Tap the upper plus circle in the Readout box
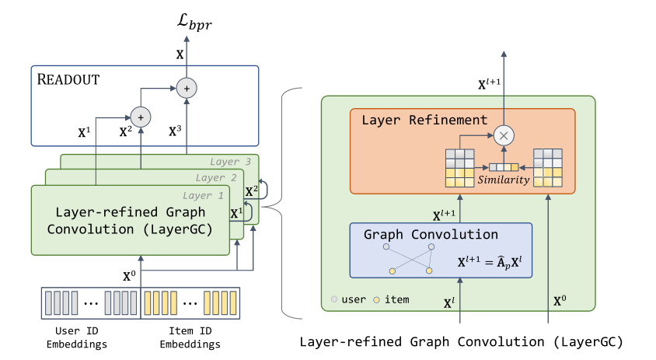186,88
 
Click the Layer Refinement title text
424,120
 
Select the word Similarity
504,180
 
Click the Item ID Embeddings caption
190,338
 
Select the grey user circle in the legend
335,299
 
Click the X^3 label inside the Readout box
176,131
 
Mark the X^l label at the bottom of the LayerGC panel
448,304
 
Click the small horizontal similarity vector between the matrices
503,166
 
